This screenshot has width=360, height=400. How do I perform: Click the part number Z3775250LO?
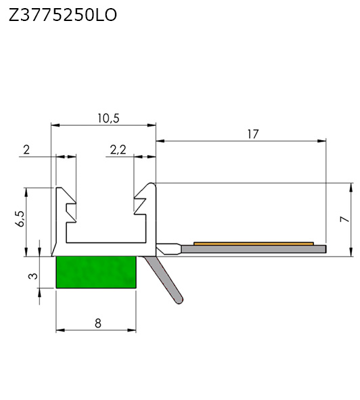pos(63,15)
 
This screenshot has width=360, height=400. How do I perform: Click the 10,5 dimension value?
pos(108,118)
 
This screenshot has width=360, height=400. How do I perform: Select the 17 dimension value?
pos(253,134)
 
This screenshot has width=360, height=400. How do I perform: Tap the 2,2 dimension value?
pos(118,150)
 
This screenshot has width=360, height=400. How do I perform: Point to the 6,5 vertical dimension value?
pos(20,219)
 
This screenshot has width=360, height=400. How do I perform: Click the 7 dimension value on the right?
pos(345,219)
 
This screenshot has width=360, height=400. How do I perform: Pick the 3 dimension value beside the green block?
pos(33,276)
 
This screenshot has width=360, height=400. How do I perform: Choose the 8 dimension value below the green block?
pos(98,324)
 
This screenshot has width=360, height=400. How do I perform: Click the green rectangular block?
pos(96,272)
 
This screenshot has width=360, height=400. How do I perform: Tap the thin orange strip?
pos(253,244)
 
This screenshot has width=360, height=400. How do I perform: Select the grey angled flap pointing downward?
pos(164,280)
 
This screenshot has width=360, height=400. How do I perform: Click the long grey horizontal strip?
pos(254,249)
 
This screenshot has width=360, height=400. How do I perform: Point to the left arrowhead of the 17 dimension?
pos(160,141)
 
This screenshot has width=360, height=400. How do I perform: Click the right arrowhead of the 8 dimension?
pos(132,330)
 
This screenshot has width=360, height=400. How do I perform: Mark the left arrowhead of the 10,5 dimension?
pos(55,125)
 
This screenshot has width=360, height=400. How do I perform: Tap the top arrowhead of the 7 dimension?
pos(351,187)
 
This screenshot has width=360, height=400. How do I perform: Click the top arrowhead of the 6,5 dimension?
pos(26,192)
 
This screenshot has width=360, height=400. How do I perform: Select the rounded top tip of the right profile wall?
pos(152,183)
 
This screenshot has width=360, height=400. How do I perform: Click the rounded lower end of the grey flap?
pos(179,301)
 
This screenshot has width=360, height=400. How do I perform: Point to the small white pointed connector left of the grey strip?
pos(168,249)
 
